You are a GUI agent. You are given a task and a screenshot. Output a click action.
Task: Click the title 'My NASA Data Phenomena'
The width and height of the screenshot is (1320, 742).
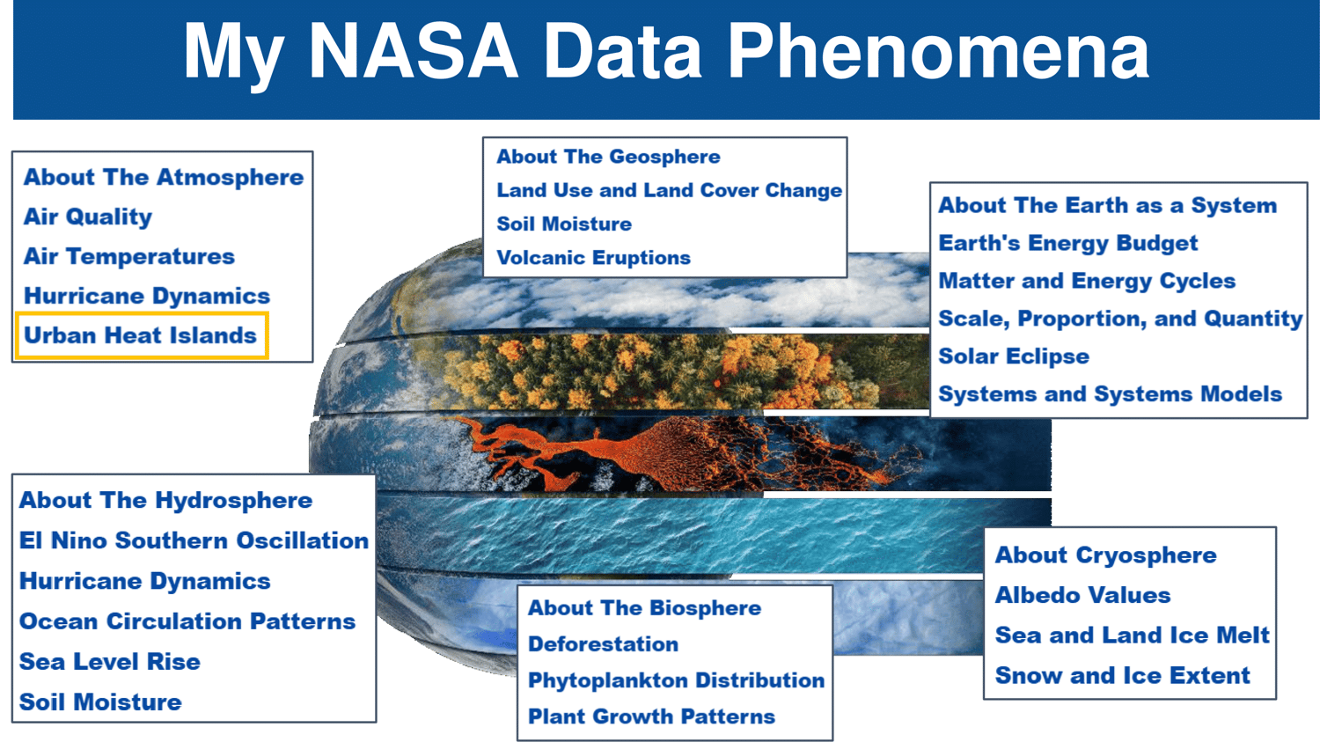coord(666,52)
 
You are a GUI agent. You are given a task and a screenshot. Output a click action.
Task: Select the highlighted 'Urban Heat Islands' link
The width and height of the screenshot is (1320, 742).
coord(140,335)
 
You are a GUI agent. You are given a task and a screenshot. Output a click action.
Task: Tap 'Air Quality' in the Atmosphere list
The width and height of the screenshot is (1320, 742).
coord(88,217)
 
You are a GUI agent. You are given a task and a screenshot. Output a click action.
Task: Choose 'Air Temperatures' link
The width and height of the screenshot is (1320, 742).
coord(129,256)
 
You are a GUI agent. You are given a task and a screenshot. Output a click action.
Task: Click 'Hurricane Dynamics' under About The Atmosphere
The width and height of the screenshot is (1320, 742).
coord(147,296)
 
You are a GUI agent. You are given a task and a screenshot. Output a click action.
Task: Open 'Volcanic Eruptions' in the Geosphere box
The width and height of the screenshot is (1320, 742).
coord(593,258)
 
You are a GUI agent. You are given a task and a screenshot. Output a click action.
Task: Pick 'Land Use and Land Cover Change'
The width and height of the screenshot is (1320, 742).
coord(670,190)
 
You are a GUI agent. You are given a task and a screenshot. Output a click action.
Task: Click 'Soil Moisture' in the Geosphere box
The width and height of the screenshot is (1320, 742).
coord(564,224)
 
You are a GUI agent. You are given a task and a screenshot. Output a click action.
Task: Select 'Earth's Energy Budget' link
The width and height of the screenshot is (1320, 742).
coord(1067,243)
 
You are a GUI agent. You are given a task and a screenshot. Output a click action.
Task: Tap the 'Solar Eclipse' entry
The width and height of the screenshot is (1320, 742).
coord(1014,356)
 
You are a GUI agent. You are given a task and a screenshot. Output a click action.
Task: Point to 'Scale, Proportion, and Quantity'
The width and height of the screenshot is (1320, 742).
coord(1120,319)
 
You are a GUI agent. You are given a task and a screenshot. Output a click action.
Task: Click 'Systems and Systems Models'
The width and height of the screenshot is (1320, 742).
coord(1111,393)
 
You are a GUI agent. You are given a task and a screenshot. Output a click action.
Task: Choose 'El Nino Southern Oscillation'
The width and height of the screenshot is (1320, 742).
coord(194,540)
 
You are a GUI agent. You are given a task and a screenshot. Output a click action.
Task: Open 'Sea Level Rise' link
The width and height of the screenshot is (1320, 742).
coord(110,661)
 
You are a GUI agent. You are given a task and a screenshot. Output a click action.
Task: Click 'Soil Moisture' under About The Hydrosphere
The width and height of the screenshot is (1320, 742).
coord(100,702)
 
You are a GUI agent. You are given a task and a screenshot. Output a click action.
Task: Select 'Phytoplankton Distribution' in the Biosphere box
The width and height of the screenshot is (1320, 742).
coord(676,680)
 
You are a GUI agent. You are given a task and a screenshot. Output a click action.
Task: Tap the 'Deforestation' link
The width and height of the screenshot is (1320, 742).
coord(603,644)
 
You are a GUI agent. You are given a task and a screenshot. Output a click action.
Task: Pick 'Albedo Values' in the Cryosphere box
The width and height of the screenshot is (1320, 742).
coord(1082,595)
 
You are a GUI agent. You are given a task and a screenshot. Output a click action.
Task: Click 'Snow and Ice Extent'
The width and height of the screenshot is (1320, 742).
coord(1122,675)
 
